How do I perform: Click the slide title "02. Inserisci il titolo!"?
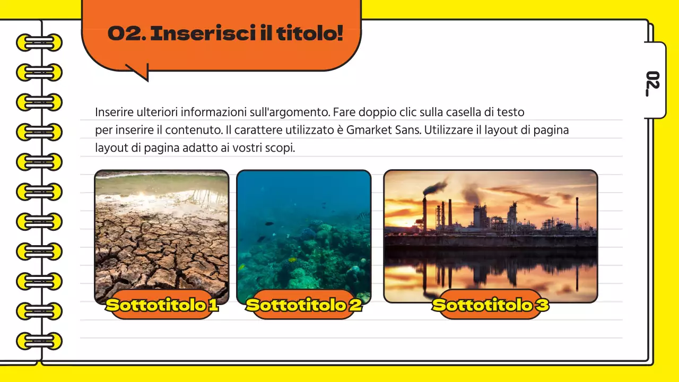225,33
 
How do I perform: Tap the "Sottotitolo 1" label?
162,305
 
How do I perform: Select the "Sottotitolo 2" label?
304,305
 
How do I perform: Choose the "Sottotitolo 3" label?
490,305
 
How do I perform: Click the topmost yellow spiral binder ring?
39,42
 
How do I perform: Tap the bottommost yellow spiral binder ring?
39,341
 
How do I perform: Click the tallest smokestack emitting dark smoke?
424,212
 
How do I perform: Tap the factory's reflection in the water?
490,273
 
